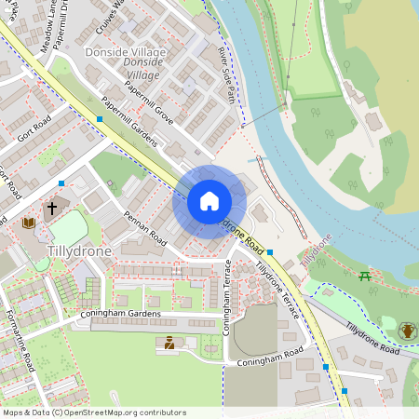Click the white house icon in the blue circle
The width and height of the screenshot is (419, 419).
(x=209, y=201)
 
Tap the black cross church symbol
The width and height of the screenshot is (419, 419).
(x=52, y=208)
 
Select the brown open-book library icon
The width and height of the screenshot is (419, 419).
(x=28, y=223)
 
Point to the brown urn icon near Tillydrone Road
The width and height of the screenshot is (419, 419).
(x=408, y=331)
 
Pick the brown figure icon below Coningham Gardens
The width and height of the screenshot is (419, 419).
(x=169, y=344)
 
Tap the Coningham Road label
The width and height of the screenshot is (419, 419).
(x=271, y=358)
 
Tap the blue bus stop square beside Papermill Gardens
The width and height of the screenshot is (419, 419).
(x=100, y=119)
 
